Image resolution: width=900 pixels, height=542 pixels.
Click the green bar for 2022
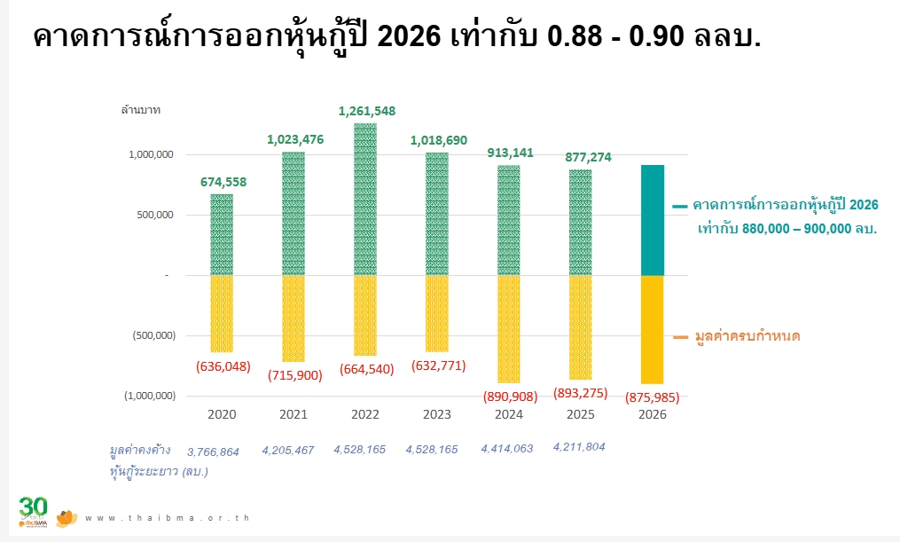[364, 199]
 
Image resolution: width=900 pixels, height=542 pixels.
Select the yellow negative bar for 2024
[508, 328]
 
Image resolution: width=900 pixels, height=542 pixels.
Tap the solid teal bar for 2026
[652, 220]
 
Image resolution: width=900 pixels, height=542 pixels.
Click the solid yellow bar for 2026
[652, 329]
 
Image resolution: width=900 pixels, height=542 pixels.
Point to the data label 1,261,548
[367, 111]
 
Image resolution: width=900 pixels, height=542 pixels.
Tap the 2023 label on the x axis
[436, 414]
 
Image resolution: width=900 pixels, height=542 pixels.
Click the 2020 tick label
[221, 414]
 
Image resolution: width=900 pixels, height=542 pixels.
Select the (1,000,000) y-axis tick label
[149, 396]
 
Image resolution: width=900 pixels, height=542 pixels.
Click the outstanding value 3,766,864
[213, 452]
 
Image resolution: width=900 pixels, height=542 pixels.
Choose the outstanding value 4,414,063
[506, 449]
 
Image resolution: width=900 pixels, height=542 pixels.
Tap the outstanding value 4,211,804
[578, 447]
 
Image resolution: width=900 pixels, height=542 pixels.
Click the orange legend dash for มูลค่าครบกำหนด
[680, 337]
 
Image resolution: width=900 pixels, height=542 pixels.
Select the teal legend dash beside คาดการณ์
[680, 206]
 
